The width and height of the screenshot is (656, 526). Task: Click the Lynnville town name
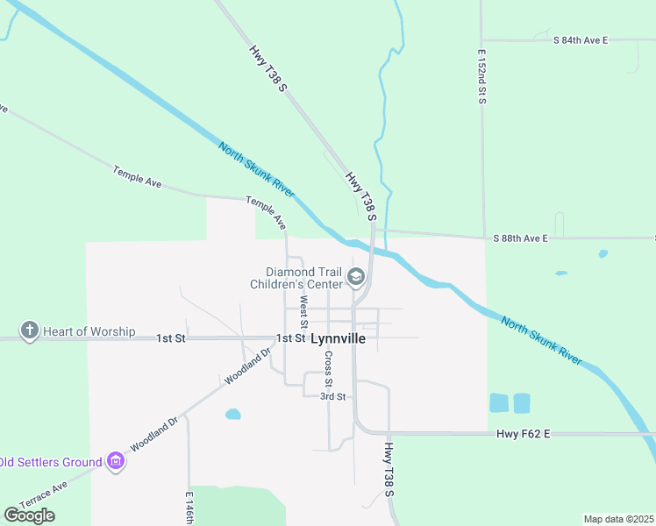coord(339,338)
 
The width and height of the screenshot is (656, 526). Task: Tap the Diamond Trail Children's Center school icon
coord(356,278)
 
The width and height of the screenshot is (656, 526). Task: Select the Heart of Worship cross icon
coord(30,331)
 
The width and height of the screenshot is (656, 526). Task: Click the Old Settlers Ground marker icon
coord(116,460)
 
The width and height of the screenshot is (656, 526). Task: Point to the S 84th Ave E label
coord(580,40)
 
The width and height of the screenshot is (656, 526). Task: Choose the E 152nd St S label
coord(481,77)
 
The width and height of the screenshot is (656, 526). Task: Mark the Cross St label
coord(328,369)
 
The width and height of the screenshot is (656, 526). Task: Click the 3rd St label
coord(332,396)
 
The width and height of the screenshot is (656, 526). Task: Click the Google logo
coord(29,515)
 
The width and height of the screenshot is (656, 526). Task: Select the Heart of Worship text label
coord(90,331)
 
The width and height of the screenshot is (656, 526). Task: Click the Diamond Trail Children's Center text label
coord(296,278)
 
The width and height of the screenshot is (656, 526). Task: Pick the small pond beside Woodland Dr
coord(232,414)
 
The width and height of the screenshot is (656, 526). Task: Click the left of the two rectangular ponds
coord(498,403)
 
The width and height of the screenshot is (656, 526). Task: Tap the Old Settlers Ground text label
coord(51,461)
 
